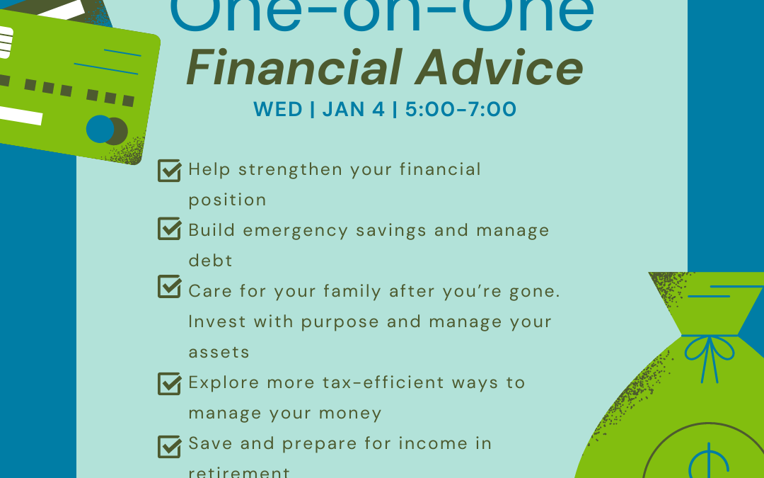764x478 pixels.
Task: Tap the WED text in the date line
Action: point(277,110)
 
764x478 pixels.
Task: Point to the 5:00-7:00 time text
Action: point(461,110)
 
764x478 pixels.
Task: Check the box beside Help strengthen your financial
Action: point(169,171)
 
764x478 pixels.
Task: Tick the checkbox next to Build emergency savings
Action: point(169,229)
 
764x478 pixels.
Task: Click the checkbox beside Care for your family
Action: point(169,287)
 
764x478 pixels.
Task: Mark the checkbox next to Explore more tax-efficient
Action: point(169,383)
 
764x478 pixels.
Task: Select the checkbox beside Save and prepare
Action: point(169,445)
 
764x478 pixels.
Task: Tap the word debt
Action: point(210,261)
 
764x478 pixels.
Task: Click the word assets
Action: point(219,352)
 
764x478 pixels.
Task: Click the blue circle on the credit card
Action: point(100,129)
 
